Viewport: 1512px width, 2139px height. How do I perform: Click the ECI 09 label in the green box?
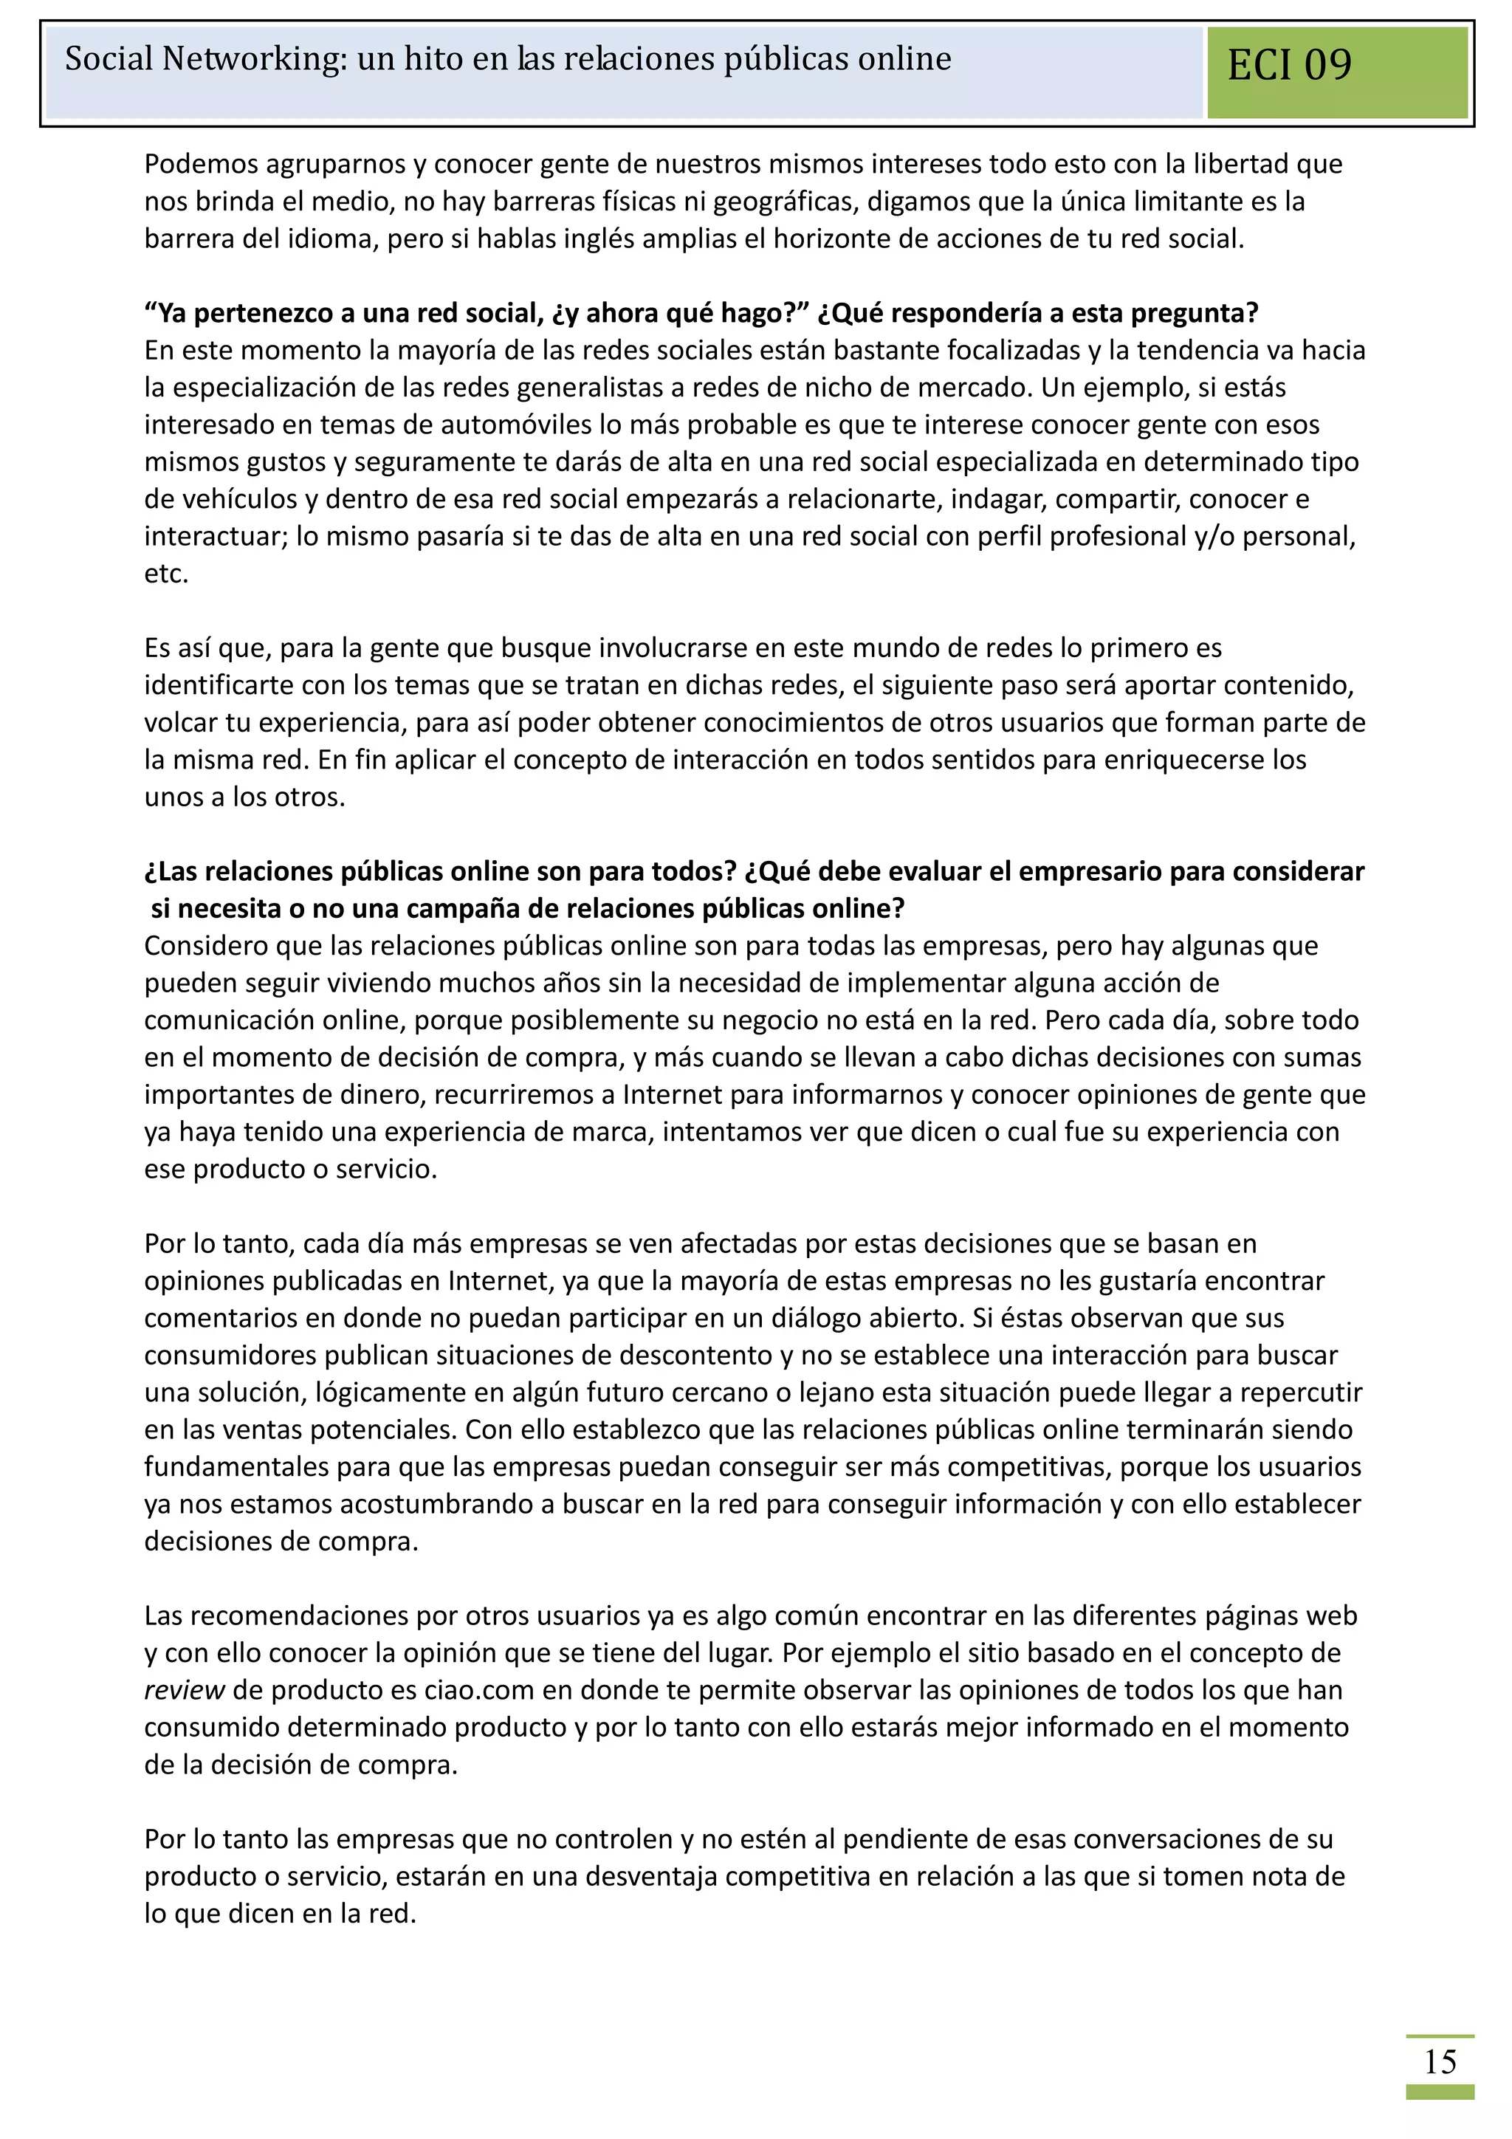tap(1288, 65)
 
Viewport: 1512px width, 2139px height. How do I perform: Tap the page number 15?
tap(1440, 2061)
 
